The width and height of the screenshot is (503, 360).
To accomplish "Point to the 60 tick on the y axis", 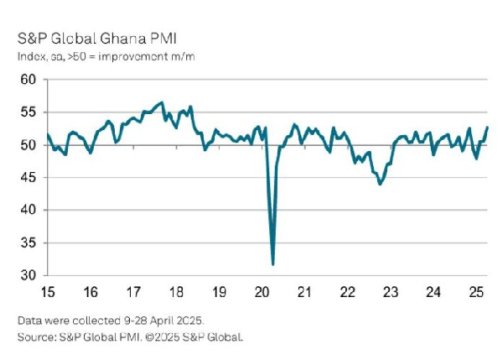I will tap(28, 80).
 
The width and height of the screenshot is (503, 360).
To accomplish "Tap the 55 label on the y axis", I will tap(28, 112).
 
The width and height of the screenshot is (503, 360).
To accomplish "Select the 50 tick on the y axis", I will tap(28, 145).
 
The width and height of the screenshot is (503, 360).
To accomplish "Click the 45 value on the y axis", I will tap(28, 178).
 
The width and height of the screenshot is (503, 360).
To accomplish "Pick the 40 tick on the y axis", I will tap(28, 210).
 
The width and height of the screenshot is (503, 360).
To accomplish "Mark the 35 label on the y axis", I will tap(28, 243).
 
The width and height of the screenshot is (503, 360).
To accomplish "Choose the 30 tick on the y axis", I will tap(28, 275).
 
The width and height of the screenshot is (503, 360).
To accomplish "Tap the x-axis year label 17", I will tap(132, 293).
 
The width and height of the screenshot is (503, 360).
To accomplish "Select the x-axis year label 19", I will tap(218, 293).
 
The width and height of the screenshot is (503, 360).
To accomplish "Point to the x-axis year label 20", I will tap(261, 293).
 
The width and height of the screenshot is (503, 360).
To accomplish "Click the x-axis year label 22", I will tap(346, 293).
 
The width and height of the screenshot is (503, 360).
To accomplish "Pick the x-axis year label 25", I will tap(474, 293).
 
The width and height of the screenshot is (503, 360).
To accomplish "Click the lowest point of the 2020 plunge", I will tap(273, 264).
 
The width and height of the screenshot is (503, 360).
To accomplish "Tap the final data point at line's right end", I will tap(488, 128).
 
